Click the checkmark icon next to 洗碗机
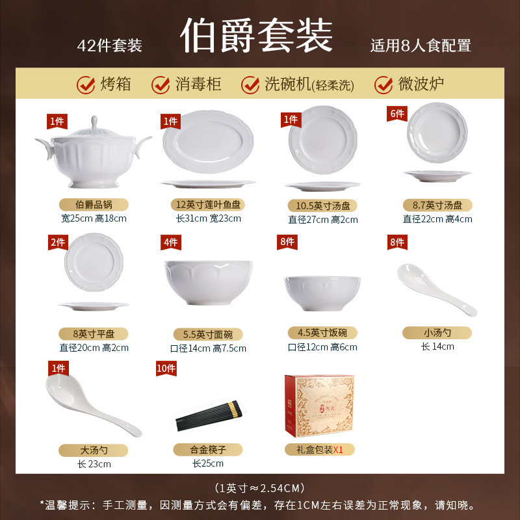pyautogui.click(x=250, y=84)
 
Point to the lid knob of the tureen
pyautogui.click(x=93, y=122)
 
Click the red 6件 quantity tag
pyautogui.click(x=396, y=113)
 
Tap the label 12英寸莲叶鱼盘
pyautogui.click(x=208, y=204)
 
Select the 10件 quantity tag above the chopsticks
pyautogui.click(x=166, y=368)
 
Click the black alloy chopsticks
pyautogui.click(x=209, y=416)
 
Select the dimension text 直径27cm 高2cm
pyautogui.click(x=323, y=220)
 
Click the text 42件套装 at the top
pyautogui.click(x=109, y=45)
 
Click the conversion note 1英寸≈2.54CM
pyautogui.click(x=260, y=488)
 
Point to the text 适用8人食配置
pyautogui.click(x=421, y=45)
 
